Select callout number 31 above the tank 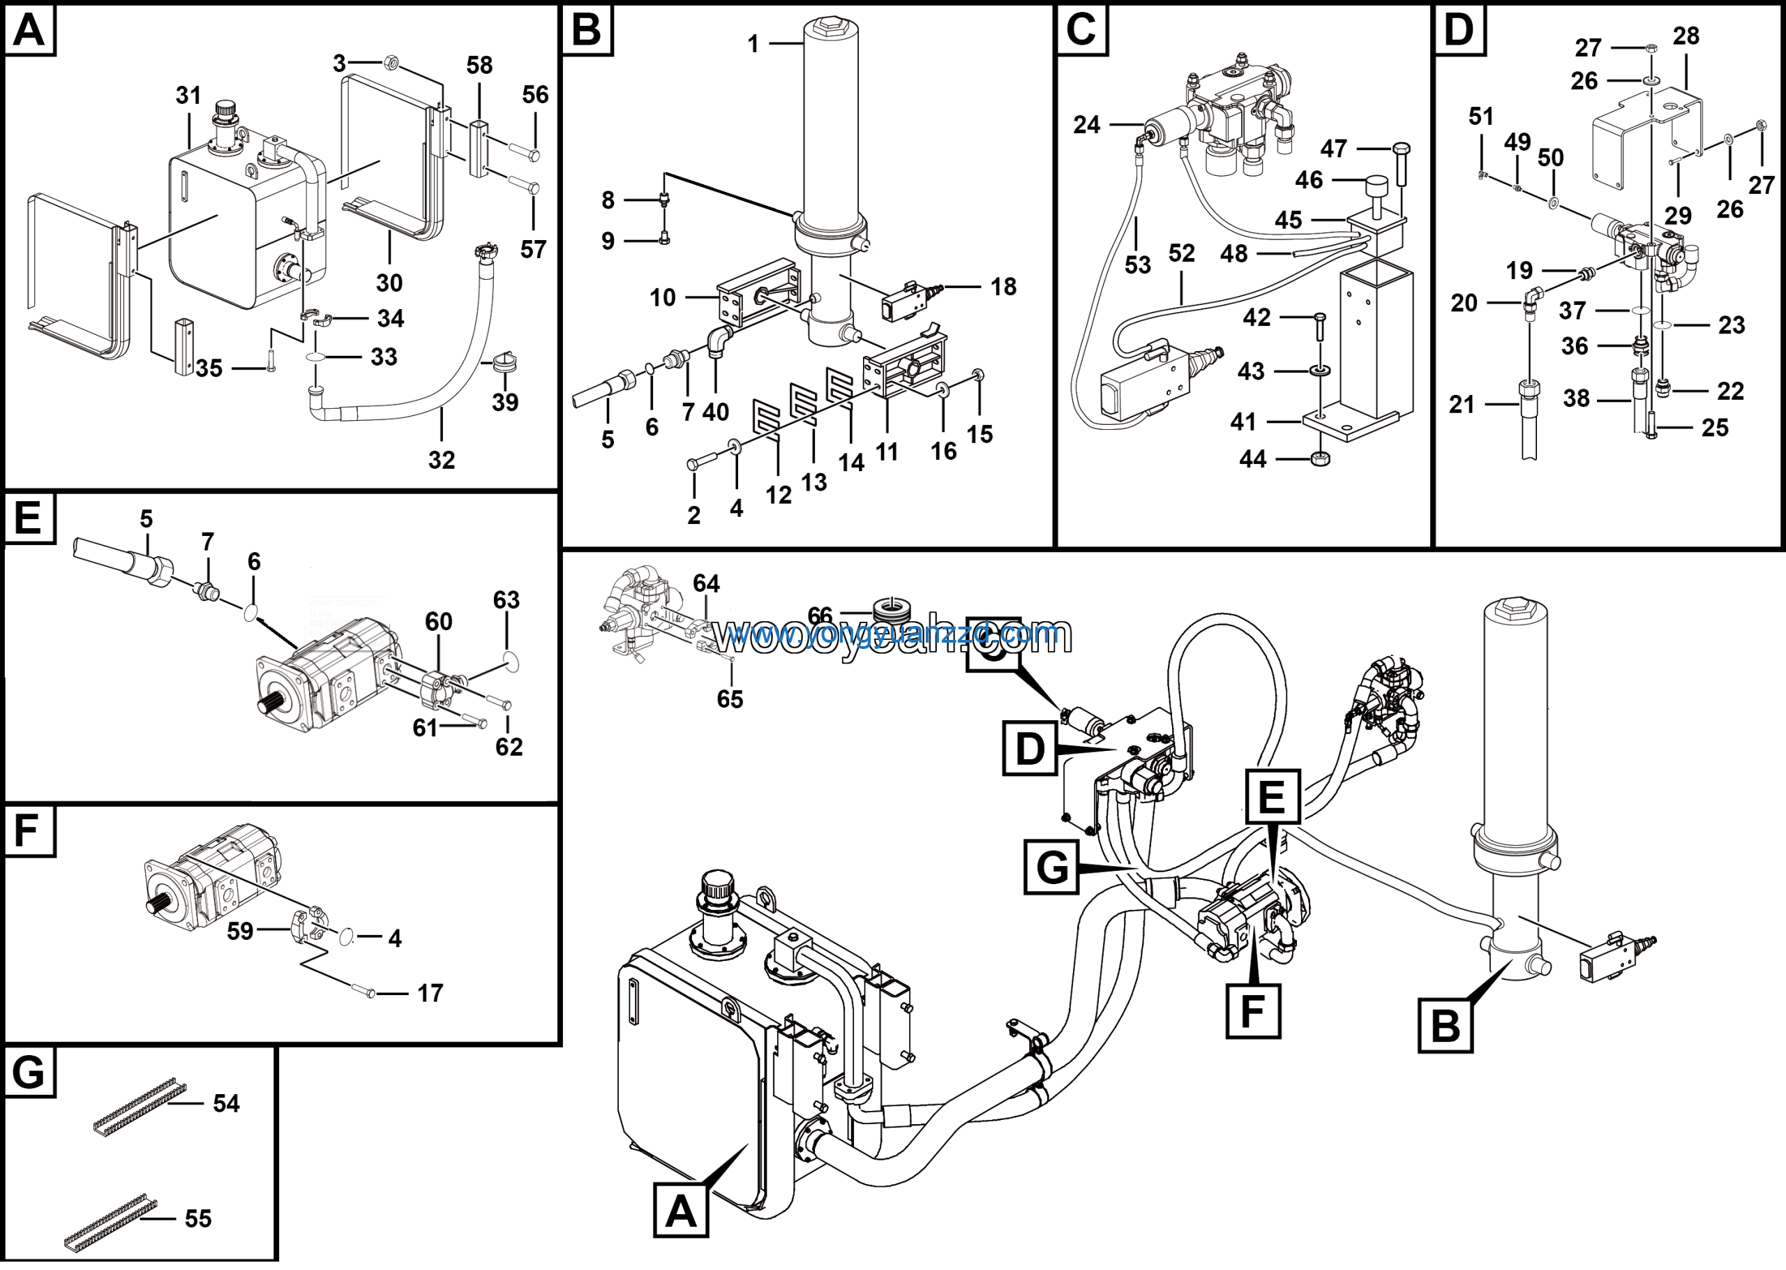tap(188, 96)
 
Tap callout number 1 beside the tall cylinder tap(753, 45)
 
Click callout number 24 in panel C tap(1086, 124)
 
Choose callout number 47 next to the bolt tap(1333, 149)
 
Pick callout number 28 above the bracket tap(1686, 36)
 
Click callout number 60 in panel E tap(439, 622)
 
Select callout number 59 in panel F tap(240, 932)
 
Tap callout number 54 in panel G tap(226, 1103)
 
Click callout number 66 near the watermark tap(820, 616)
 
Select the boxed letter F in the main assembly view tap(1252, 1011)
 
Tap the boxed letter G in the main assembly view tap(1052, 868)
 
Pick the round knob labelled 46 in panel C tap(1375, 188)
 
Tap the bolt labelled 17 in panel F tap(364, 992)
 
